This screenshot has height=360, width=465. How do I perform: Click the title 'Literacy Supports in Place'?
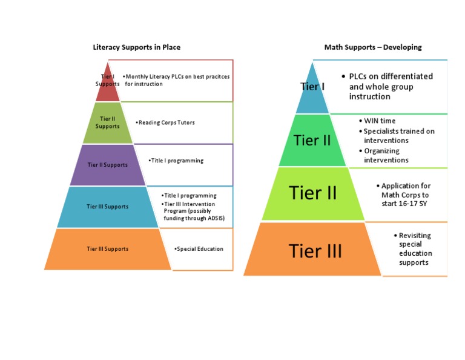point(136,47)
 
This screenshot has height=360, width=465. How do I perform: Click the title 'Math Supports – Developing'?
point(373,47)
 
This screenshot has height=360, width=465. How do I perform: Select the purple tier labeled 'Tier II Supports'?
point(108,165)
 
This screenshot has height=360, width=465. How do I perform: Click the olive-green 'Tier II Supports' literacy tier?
point(108,123)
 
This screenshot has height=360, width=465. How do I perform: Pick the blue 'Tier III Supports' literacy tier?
point(108,207)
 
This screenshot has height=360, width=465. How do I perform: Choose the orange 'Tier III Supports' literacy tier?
point(108,248)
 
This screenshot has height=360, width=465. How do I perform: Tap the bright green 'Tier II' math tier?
point(312,141)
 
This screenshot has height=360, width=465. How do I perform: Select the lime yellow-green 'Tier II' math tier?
point(312,193)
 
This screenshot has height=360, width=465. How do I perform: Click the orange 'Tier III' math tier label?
point(315,250)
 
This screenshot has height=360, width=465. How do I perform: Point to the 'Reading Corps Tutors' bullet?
point(166,122)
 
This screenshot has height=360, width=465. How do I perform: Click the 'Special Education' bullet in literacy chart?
point(199,248)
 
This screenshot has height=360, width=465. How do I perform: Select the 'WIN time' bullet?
point(380,121)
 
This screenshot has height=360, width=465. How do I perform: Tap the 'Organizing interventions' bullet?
point(386,155)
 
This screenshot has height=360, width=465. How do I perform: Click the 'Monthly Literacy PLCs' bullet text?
point(177,80)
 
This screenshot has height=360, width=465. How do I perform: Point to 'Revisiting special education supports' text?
point(415,248)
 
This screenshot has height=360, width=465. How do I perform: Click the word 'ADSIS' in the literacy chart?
point(214,218)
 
